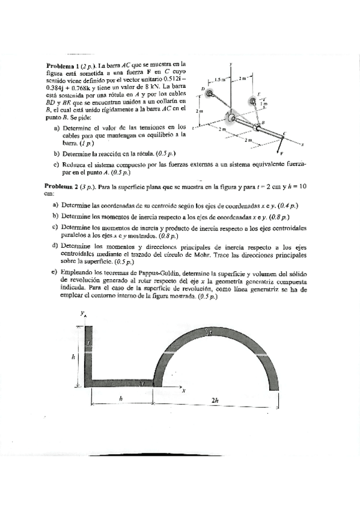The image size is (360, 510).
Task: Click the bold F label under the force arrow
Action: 281,153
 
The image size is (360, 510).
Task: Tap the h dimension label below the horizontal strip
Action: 121,398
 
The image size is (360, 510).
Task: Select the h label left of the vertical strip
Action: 73,357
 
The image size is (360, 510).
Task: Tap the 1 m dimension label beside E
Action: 264,105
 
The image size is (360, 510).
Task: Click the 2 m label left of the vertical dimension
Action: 199,112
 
